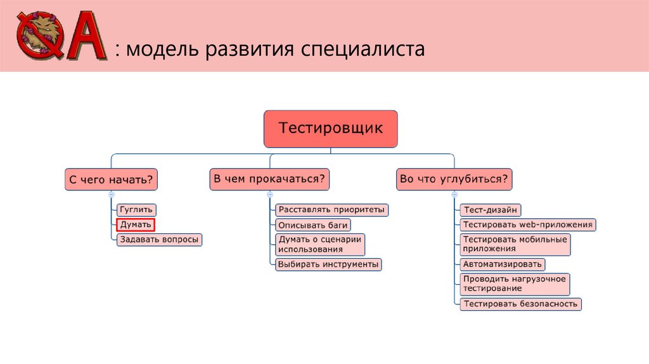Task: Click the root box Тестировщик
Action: [x=331, y=129]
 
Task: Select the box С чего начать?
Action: [x=111, y=180]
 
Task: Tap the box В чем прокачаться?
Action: [x=269, y=179]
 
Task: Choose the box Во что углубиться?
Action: [x=454, y=179]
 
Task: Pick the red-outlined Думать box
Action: [x=136, y=224]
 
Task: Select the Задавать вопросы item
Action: [x=159, y=239]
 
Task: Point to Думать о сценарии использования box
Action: [x=320, y=244]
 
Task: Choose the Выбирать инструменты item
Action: [x=328, y=264]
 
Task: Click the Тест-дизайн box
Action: [x=491, y=209]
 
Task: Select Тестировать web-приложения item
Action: [x=528, y=224]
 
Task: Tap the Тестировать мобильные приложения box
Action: [x=515, y=244]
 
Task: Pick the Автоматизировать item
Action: [x=502, y=264]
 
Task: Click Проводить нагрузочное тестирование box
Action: [x=515, y=283]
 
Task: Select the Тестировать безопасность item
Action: [x=520, y=304]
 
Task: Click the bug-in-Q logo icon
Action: [x=39, y=37]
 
